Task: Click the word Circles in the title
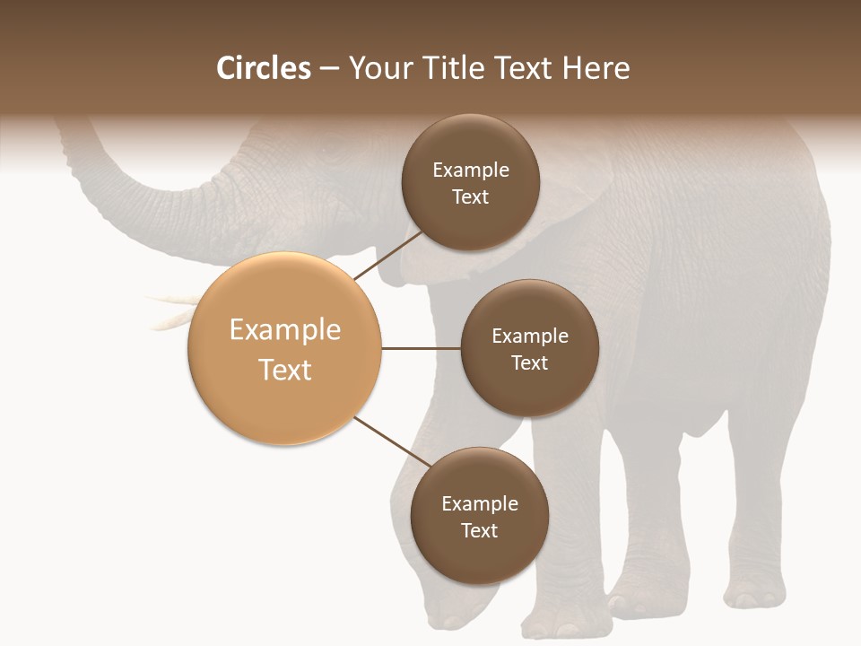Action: tap(263, 68)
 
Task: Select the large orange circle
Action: tap(284, 348)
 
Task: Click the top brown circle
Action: tap(470, 183)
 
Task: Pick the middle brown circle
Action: tap(529, 348)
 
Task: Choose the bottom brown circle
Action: tap(479, 517)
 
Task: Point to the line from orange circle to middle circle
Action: tap(421, 348)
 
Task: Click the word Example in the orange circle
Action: tap(285, 330)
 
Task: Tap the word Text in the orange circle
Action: tap(285, 370)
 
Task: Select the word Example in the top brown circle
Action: tap(471, 170)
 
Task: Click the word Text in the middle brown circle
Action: tap(529, 362)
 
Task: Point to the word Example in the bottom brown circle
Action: tap(480, 503)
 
